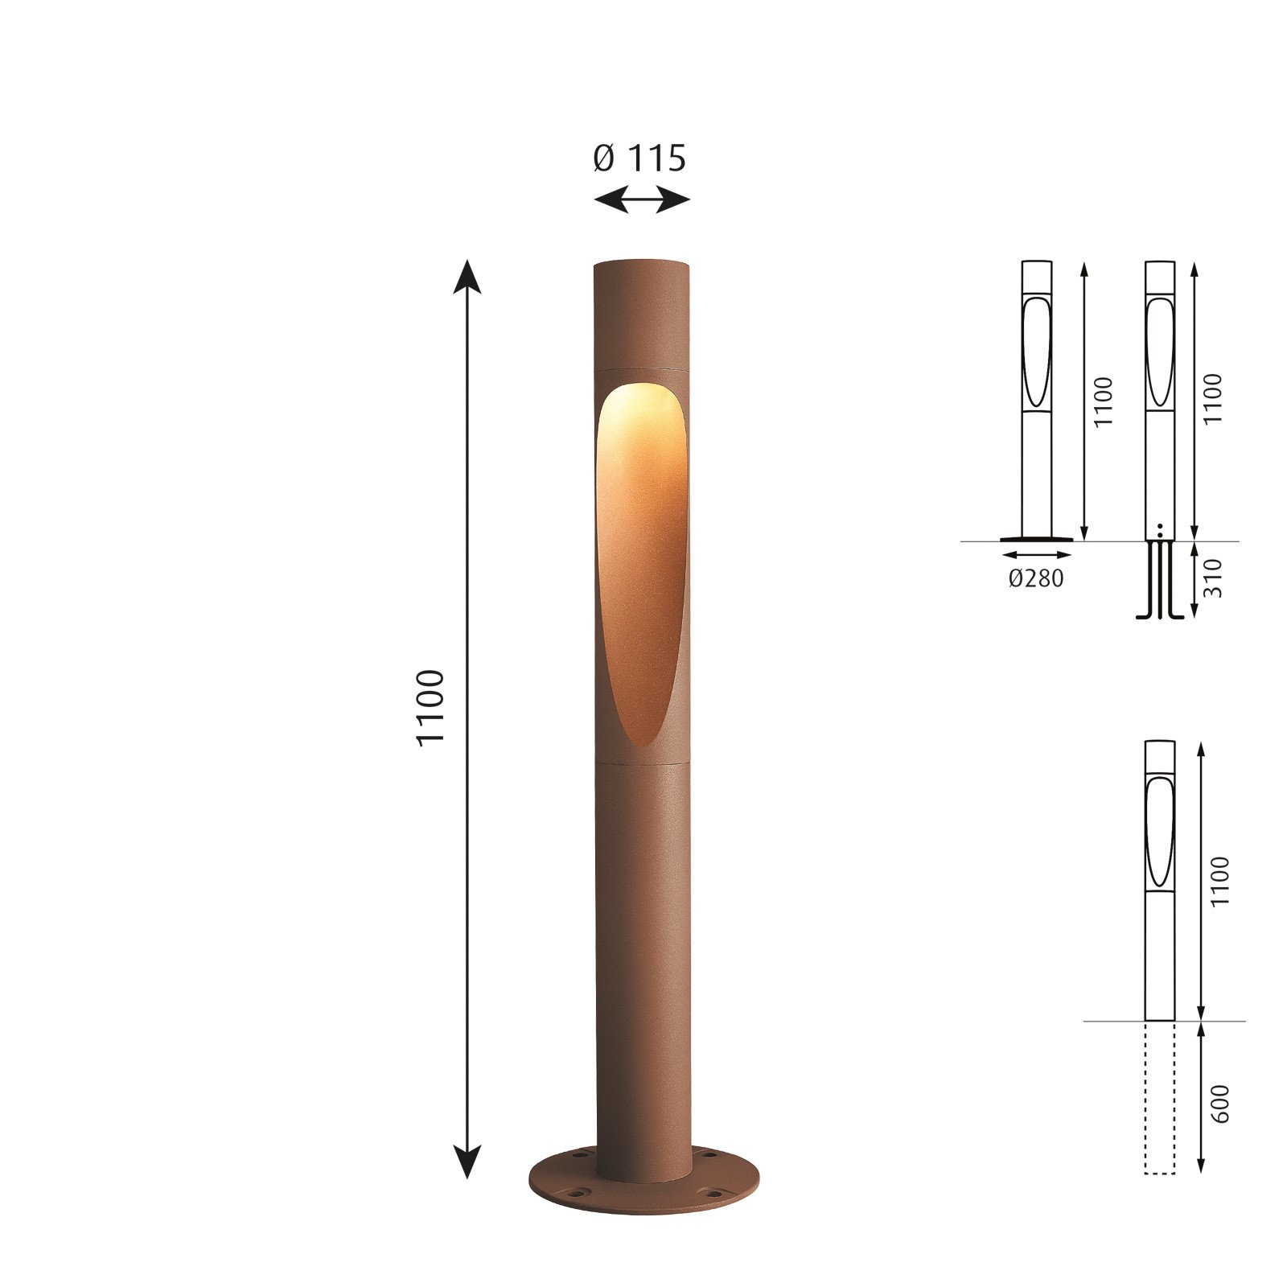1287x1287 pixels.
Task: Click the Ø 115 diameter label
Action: point(639,158)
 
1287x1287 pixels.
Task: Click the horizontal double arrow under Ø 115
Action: point(641,199)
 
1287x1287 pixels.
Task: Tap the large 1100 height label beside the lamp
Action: point(430,708)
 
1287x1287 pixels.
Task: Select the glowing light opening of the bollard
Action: point(641,555)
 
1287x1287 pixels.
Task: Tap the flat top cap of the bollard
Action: point(642,264)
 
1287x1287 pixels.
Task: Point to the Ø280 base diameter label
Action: point(1036,578)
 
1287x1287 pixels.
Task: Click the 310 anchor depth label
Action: point(1213,578)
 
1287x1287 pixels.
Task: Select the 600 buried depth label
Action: point(1220,1104)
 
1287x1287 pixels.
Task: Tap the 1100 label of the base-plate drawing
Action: point(1103,401)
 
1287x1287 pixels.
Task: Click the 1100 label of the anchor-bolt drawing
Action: point(1213,398)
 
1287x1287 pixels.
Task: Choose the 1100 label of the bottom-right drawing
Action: point(1220,881)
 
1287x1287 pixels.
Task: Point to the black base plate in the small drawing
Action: point(1036,539)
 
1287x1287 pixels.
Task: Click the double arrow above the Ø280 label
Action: point(1037,554)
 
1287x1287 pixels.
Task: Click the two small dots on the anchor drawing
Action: point(1160,529)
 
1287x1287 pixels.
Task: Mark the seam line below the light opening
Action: point(642,760)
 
